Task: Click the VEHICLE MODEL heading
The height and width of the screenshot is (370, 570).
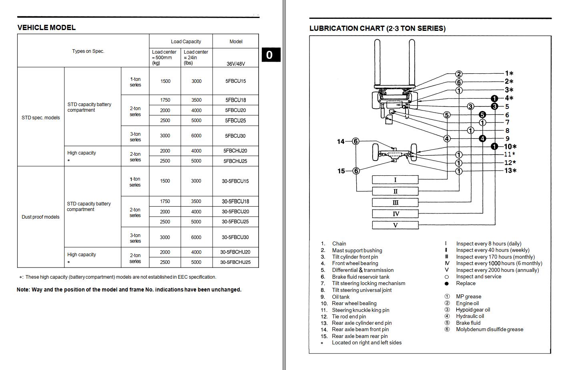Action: pos(46,28)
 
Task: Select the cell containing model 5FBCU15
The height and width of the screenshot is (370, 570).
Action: pos(235,81)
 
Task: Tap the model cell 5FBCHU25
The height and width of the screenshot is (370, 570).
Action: pos(235,161)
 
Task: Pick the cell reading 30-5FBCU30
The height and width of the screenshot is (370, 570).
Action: pos(235,237)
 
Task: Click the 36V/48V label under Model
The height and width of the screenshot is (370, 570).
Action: pos(235,64)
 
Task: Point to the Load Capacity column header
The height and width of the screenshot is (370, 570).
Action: pos(186,41)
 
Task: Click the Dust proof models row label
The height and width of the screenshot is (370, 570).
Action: pos(40,217)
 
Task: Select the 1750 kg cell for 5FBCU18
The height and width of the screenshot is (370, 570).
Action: pos(165,100)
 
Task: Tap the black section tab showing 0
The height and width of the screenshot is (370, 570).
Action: pos(269,55)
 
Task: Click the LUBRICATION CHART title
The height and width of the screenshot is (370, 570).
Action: pos(377,28)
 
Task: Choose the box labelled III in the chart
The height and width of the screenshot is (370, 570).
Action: pos(395,203)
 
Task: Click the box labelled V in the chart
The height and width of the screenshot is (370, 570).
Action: pos(395,225)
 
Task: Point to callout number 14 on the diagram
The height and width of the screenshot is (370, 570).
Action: pos(341,141)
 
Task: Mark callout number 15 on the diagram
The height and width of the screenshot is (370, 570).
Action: pos(341,171)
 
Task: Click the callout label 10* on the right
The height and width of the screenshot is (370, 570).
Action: pos(510,147)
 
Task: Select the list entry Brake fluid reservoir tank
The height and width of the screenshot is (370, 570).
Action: pos(360,277)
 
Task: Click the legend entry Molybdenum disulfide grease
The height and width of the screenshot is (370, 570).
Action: pos(489,330)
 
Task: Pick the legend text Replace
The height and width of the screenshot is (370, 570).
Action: pos(466,283)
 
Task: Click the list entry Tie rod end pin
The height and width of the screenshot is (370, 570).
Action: pos(349,316)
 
